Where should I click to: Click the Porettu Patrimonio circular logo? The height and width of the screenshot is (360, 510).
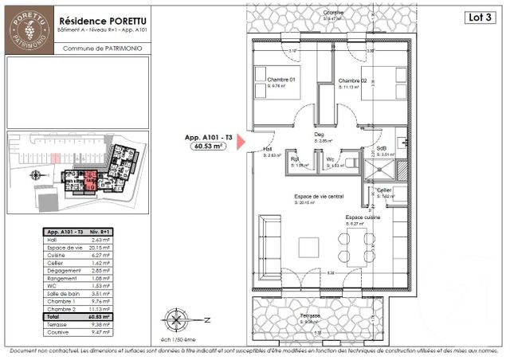tap(29, 31)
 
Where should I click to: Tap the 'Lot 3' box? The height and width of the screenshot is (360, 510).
tap(477, 17)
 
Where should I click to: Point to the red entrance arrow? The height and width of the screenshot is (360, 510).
tap(242, 143)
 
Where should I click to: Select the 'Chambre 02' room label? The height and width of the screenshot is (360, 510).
tap(351, 81)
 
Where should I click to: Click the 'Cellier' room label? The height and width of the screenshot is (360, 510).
tap(384, 190)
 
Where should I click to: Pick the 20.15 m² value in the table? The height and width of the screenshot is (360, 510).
tap(99, 248)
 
